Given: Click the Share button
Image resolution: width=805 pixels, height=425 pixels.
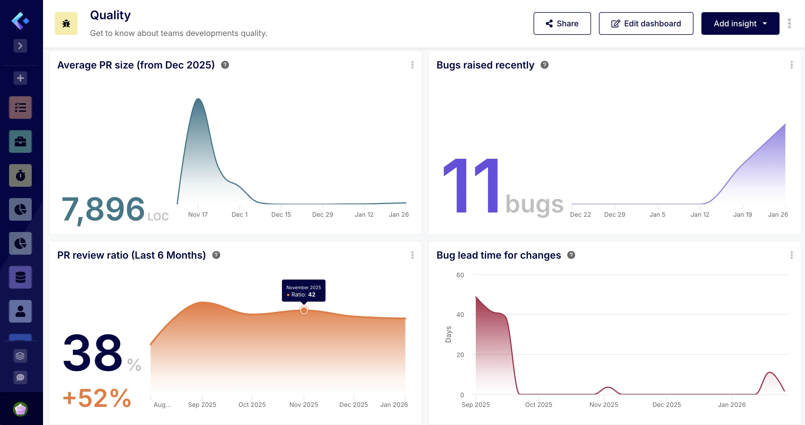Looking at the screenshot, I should [562, 23].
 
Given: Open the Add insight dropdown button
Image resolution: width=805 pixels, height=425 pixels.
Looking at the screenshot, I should [740, 23].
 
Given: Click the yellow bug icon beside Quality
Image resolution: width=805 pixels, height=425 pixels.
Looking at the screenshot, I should [66, 23].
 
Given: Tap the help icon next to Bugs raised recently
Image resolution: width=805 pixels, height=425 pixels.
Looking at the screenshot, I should [544, 65].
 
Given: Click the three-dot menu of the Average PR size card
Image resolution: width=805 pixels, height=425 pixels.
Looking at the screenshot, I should [412, 65].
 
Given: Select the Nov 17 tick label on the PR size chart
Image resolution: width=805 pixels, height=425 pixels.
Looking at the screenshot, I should [198, 214].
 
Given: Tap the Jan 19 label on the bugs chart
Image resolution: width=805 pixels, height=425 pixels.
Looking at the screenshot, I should [742, 214].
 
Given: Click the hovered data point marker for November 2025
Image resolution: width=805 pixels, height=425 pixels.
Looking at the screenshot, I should [304, 310].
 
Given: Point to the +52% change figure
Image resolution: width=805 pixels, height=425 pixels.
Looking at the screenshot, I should [97, 398].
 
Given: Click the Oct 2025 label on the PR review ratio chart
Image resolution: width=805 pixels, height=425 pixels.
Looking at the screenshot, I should [252, 404].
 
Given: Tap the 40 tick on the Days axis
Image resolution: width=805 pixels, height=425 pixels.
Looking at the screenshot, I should [460, 315].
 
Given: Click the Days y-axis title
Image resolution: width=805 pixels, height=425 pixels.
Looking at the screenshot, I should [448, 334].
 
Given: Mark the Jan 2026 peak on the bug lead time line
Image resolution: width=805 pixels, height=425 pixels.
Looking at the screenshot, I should [769, 372].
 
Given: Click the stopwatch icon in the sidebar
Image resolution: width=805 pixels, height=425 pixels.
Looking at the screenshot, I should [20, 175].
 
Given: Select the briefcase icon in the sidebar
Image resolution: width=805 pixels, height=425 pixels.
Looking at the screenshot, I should [20, 141].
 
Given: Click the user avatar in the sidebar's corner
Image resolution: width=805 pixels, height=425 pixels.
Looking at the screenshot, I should [20, 409].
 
